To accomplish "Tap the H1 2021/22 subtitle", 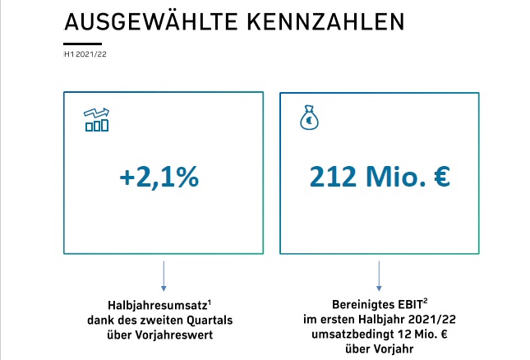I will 85,55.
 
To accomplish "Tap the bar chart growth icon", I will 97,119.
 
